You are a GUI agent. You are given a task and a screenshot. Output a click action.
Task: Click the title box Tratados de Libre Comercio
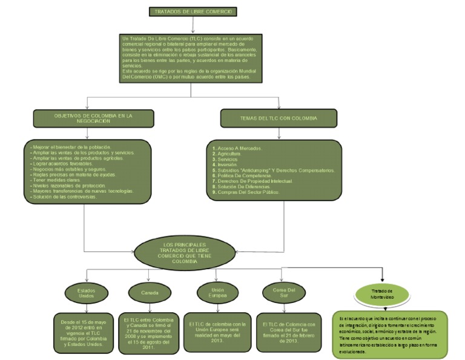tap(193, 12)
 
